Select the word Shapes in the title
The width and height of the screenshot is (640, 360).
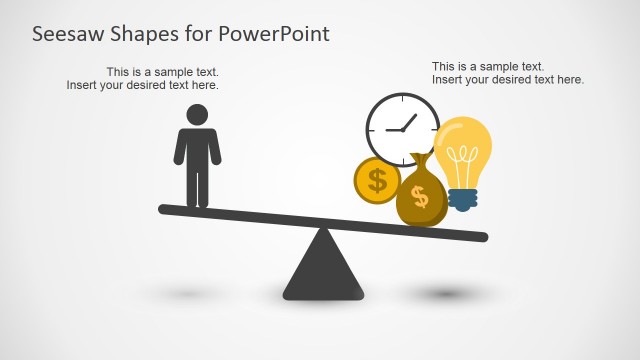(144, 33)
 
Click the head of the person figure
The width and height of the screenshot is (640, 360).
(198, 114)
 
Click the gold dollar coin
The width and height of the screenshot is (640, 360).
(377, 181)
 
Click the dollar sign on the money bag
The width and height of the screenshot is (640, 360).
(420, 197)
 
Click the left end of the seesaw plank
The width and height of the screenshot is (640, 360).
(165, 210)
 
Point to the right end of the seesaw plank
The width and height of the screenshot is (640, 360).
(482, 237)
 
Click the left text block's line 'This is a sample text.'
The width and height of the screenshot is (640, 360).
(162, 72)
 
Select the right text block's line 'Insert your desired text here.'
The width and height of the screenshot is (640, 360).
(508, 80)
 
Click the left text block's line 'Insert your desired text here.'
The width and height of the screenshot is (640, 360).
(142, 85)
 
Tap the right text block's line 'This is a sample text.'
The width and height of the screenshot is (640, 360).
(488, 67)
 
